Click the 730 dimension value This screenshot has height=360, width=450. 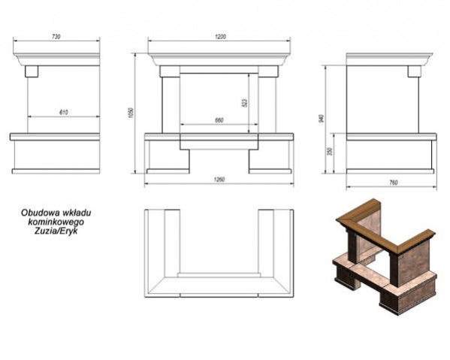56,37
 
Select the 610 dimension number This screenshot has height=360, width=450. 63,113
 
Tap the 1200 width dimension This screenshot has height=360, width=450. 220,37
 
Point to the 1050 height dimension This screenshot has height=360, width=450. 131,113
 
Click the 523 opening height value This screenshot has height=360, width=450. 244,104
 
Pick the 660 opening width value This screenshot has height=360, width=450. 219,120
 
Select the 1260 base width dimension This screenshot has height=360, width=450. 219,180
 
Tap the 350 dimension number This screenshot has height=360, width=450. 330,151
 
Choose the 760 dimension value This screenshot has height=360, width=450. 394,183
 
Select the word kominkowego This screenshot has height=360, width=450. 56,222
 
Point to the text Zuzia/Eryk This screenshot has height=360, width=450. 56,231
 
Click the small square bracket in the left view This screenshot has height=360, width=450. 32,71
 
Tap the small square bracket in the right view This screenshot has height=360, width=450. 414,71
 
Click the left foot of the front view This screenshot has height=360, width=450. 168,171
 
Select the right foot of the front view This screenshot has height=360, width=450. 270,171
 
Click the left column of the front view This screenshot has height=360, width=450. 171,104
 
